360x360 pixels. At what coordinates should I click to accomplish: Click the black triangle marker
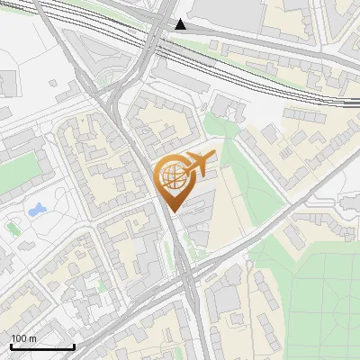click(x=182, y=24)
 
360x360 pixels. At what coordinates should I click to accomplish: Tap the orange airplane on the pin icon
click(x=199, y=163)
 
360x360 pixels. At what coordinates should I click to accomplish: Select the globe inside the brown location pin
click(x=174, y=178)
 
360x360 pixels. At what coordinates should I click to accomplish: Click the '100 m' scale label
click(x=23, y=338)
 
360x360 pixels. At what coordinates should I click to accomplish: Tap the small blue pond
click(x=37, y=211)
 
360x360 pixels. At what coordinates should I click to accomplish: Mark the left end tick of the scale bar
click(x=11, y=345)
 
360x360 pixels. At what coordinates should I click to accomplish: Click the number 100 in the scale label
click(x=19, y=338)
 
